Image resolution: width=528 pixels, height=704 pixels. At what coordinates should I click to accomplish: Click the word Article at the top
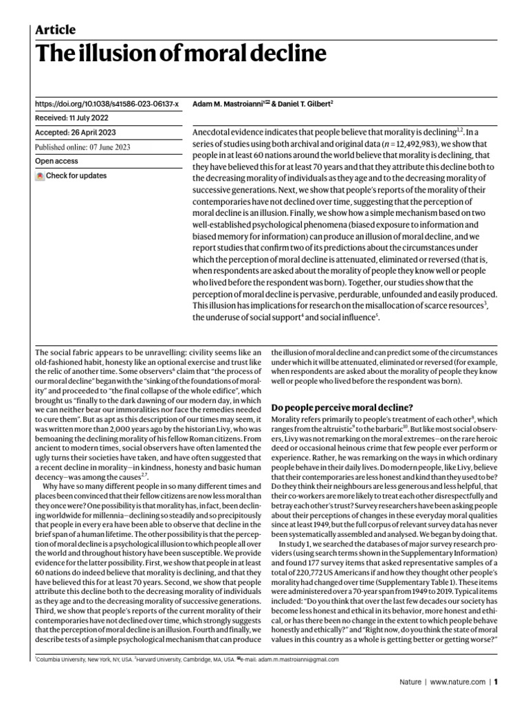pos(55,30)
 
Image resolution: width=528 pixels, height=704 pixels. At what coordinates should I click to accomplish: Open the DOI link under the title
pos(107,104)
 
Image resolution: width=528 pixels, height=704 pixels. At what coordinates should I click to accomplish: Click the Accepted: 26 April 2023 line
pos(76,133)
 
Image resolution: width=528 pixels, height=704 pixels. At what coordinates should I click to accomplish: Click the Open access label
pos(56,162)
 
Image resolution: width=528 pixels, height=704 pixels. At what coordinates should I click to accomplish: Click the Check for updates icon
pos(40,176)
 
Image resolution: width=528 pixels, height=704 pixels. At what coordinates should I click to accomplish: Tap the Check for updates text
pos(76,176)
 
